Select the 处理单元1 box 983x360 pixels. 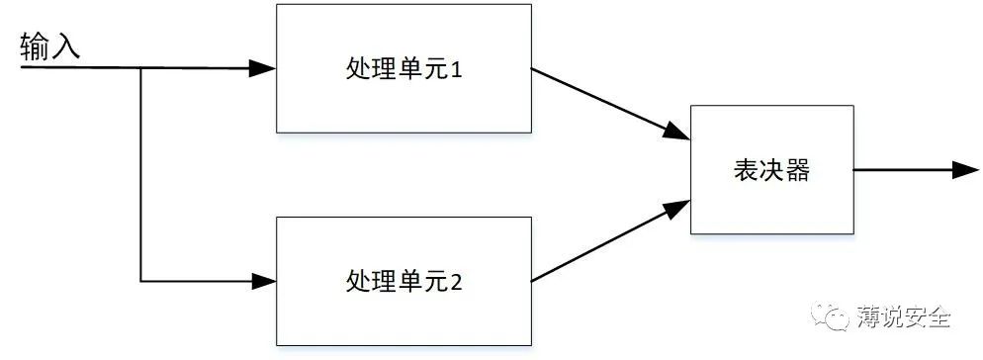coord(403,68)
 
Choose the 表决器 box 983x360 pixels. coord(771,170)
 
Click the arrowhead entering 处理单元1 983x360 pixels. coord(264,68)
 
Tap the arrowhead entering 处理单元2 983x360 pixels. coord(264,280)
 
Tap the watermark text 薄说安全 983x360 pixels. coord(905,317)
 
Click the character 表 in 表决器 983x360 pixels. coord(746,170)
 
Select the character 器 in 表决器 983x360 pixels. coord(797,170)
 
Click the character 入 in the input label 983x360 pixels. coord(65,47)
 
